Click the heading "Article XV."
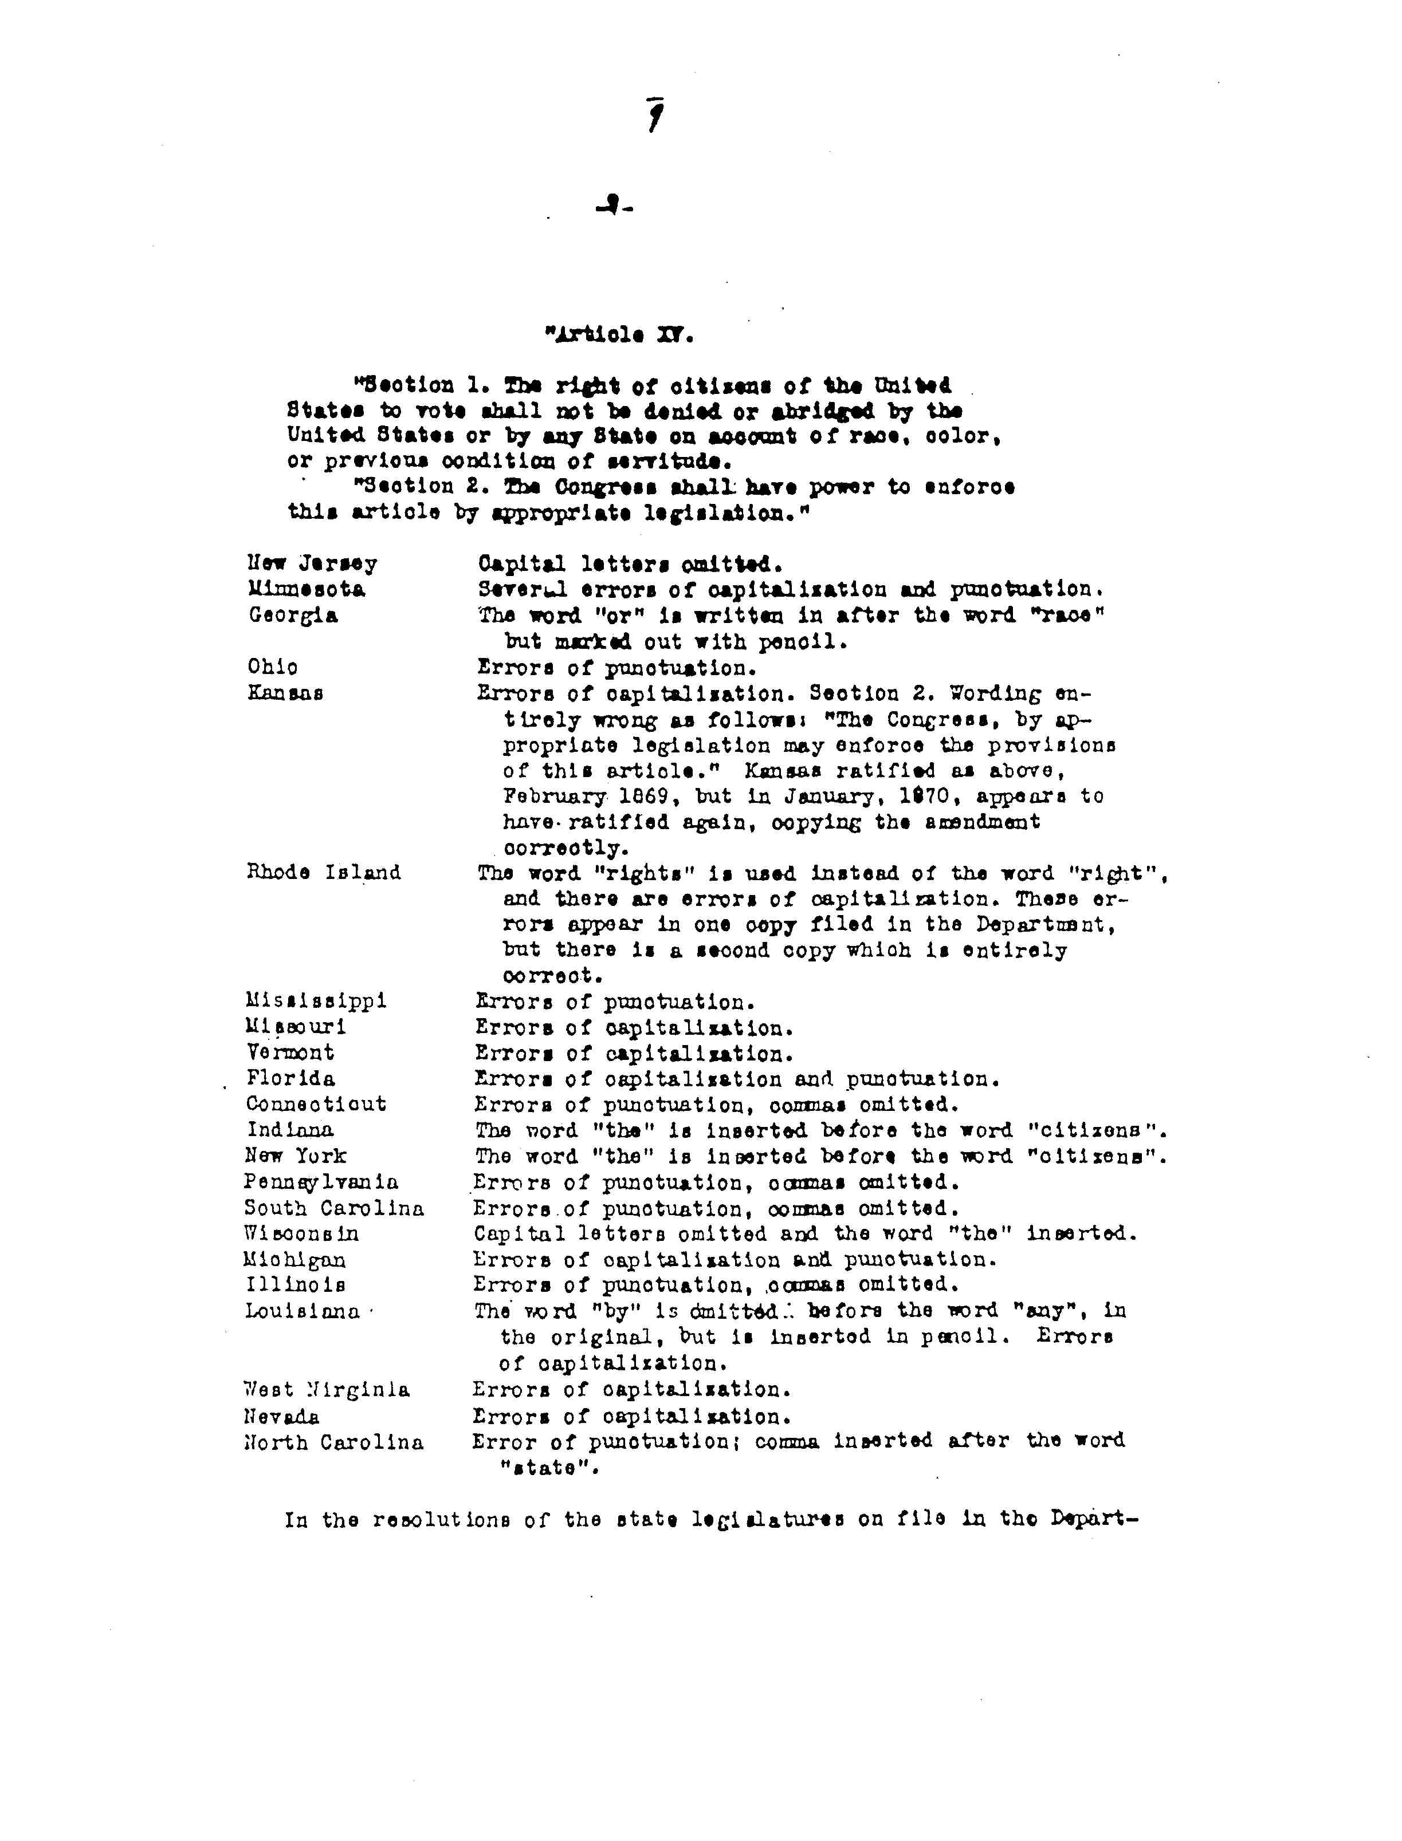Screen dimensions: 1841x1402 click(618, 336)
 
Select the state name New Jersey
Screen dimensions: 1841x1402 click(312, 564)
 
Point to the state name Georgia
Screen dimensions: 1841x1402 click(293, 616)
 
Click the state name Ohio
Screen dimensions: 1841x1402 click(273, 667)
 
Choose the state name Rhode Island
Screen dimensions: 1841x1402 click(324, 873)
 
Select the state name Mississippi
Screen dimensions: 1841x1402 click(316, 1000)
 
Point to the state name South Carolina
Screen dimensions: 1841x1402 click(334, 1208)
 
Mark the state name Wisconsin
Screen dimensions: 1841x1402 click(301, 1233)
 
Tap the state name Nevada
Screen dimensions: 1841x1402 click(281, 1416)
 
